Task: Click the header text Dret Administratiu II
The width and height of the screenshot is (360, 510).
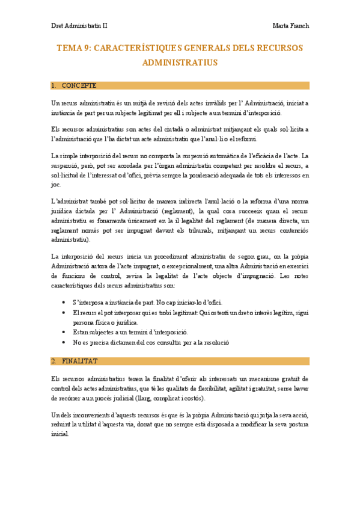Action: pos(79,26)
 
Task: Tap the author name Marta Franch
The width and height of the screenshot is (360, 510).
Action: pos(290,26)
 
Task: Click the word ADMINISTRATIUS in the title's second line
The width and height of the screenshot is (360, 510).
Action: pos(180,62)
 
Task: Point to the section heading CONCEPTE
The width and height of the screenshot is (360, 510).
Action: pos(79,85)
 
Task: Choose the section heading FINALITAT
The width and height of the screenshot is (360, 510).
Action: pos(80,361)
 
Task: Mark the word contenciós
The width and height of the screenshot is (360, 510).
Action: pos(294,230)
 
